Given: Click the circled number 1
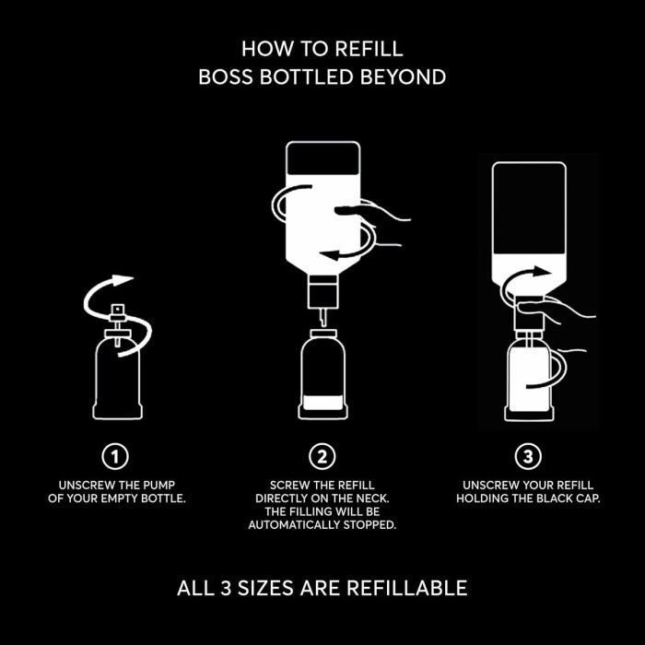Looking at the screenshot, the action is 115,456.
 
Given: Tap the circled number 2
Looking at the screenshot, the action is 322,456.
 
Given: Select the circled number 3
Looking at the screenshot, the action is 528,456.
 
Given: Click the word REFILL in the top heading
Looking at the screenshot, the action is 369,49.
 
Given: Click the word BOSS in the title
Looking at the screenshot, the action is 226,76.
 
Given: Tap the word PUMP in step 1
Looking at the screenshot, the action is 158,485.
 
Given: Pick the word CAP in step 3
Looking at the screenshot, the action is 588,498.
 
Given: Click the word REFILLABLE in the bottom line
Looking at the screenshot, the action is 407,588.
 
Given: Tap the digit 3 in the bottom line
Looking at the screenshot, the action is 226,588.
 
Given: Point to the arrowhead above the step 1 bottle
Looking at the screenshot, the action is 123,280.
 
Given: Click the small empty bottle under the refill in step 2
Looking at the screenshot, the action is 322,374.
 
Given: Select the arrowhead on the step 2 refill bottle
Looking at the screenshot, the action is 330,254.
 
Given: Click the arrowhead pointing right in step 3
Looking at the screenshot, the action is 540,272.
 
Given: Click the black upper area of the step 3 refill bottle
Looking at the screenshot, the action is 529,208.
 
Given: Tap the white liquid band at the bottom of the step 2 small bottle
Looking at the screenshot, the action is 322,403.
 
